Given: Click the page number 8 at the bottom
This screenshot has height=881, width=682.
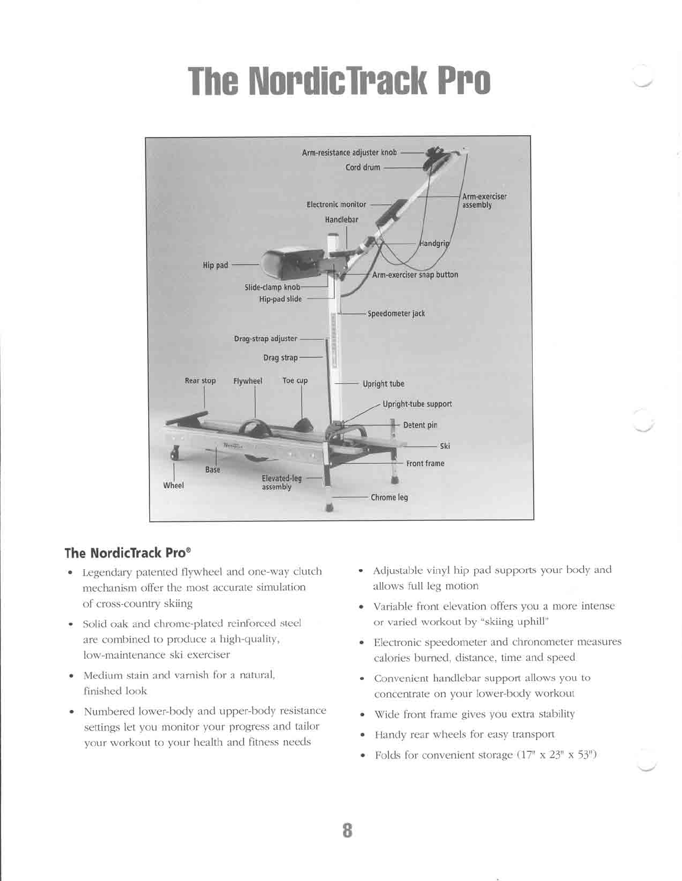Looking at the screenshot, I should coord(347,830).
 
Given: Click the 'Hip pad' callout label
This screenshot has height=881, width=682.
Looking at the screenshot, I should coord(215,265).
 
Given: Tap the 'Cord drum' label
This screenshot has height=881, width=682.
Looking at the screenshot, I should coord(363,167).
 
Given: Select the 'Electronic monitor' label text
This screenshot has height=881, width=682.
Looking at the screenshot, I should coord(337,204).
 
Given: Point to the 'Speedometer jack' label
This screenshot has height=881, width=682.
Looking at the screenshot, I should coord(396,314).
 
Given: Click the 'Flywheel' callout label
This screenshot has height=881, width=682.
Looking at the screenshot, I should coord(247,381).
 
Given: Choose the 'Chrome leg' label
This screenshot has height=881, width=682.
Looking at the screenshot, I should coord(389,497).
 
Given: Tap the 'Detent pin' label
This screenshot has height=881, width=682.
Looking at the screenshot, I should coord(420,425).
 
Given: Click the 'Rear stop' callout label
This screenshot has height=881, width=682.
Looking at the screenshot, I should coord(200,381).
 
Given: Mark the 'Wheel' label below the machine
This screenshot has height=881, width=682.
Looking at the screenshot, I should coord(173,486).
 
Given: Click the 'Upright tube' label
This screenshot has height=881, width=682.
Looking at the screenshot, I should coord(383,384).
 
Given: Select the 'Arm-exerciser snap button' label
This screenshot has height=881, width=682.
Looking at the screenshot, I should coord(415,275).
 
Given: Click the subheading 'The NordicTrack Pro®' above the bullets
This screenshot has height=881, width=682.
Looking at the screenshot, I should coord(128,553).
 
